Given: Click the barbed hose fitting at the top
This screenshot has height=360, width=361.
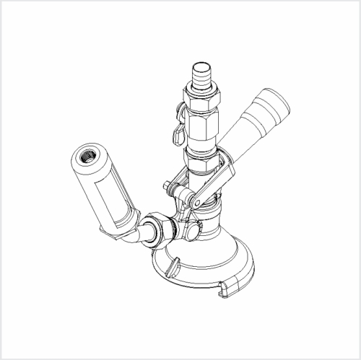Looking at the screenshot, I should [200, 74].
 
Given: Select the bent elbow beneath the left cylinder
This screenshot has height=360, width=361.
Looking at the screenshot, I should [131, 237].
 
